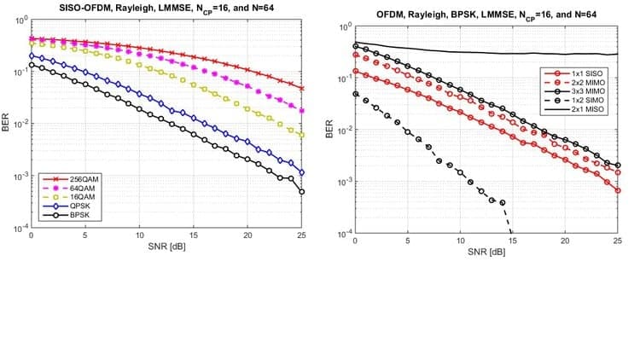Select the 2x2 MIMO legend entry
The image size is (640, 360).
pyautogui.click(x=586, y=84)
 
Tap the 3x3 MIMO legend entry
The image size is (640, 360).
pyautogui.click(x=586, y=92)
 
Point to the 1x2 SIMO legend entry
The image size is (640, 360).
pyautogui.click(x=586, y=102)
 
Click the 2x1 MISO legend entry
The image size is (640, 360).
pyautogui.click(x=586, y=111)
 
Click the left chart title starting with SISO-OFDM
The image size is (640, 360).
pyautogui.click(x=166, y=8)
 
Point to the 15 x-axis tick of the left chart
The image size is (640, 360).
pyautogui.click(x=194, y=235)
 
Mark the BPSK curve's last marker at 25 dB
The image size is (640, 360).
pyautogui.click(x=302, y=192)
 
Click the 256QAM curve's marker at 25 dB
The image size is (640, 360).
pyautogui.click(x=302, y=88)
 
